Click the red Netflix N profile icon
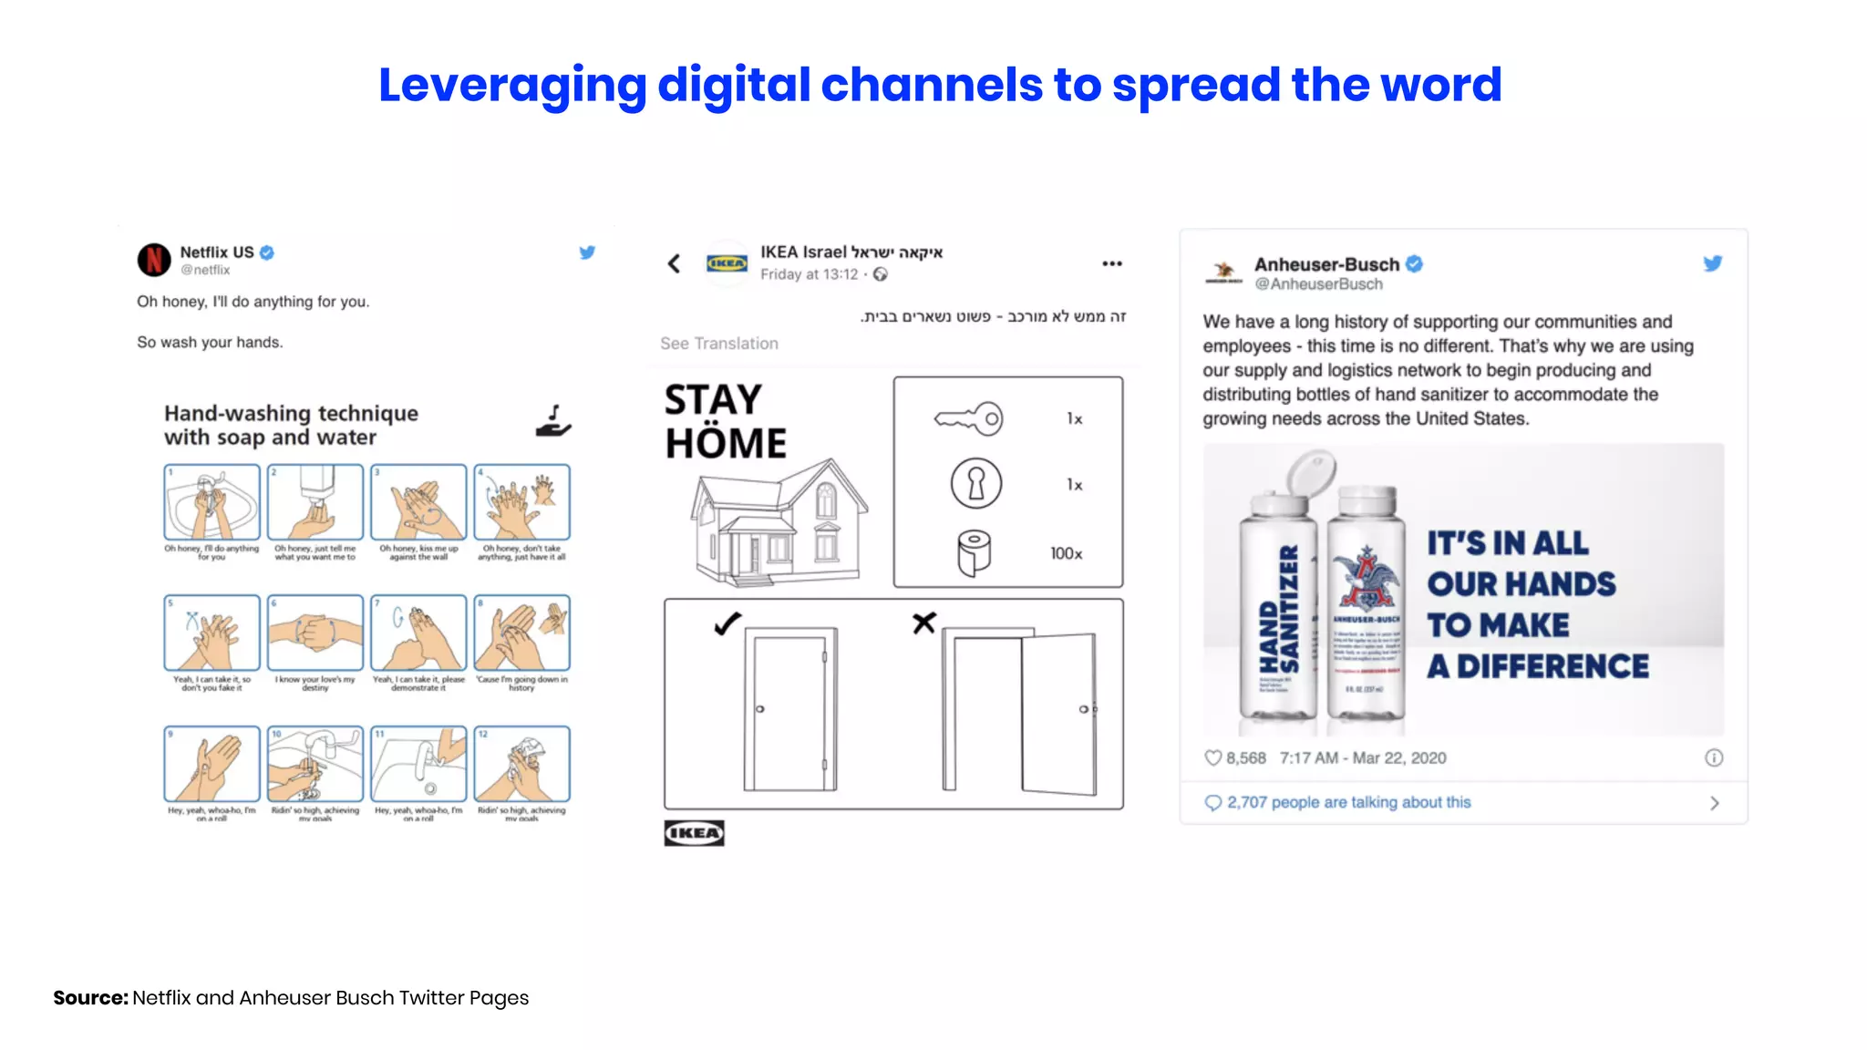click(x=154, y=260)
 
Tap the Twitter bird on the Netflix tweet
click(x=587, y=252)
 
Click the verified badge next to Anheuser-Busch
click(x=1414, y=264)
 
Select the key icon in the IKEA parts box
click(x=969, y=419)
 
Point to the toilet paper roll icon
click(x=974, y=553)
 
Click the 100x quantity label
click(x=1066, y=554)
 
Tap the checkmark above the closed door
click(x=727, y=624)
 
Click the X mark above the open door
click(x=923, y=623)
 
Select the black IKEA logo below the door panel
click(x=694, y=833)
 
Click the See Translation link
click(x=719, y=344)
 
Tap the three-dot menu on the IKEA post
click(x=1111, y=264)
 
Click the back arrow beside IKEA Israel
click(x=674, y=264)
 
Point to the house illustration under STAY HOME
click(x=778, y=522)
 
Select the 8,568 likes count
click(x=1244, y=758)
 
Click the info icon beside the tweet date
click(x=1714, y=758)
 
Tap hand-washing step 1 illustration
click(x=211, y=502)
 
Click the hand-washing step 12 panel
click(x=521, y=764)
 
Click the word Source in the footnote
click(x=90, y=998)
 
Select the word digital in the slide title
click(x=733, y=86)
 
